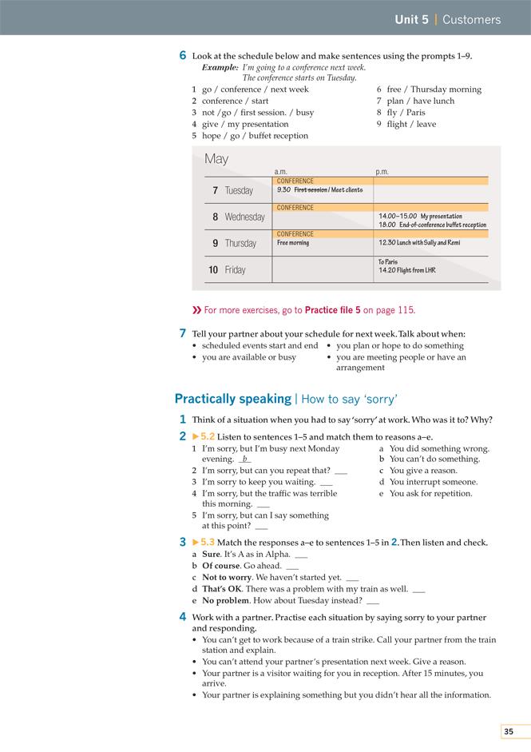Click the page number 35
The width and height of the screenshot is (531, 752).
(x=509, y=731)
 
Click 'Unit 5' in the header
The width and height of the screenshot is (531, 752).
(x=411, y=19)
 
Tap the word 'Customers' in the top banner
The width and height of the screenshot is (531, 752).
(x=471, y=19)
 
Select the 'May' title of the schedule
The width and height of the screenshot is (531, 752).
(x=216, y=159)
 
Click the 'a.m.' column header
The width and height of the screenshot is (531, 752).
(x=281, y=172)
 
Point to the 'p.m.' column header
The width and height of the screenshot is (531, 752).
(x=382, y=172)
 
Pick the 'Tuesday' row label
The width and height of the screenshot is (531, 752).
(x=239, y=190)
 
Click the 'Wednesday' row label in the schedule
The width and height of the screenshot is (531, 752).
(x=244, y=217)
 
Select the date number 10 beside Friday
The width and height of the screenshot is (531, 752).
(x=213, y=270)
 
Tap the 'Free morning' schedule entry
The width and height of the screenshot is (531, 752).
(x=293, y=243)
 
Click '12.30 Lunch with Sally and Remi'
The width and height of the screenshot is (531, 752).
(x=419, y=243)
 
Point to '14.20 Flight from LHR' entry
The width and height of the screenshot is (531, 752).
(x=407, y=271)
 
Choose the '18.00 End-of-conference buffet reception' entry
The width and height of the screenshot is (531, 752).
(x=432, y=225)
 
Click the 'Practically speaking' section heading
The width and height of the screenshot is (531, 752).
(x=232, y=399)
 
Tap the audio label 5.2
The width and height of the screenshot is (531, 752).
(x=207, y=436)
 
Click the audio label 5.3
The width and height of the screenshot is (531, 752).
(x=207, y=543)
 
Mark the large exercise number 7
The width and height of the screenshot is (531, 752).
(x=183, y=333)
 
